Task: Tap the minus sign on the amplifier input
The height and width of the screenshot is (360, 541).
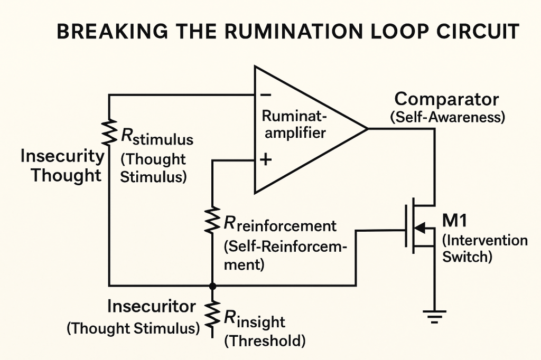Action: click(x=266, y=95)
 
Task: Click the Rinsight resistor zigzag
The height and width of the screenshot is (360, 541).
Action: click(x=212, y=312)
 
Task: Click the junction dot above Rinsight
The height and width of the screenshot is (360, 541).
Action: click(x=212, y=286)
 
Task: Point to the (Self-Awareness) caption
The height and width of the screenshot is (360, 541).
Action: click(x=447, y=117)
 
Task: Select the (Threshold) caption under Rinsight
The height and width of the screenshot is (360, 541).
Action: click(x=265, y=341)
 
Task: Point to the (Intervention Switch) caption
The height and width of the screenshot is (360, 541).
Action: click(x=484, y=249)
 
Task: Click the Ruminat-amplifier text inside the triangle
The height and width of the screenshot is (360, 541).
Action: click(x=295, y=124)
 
